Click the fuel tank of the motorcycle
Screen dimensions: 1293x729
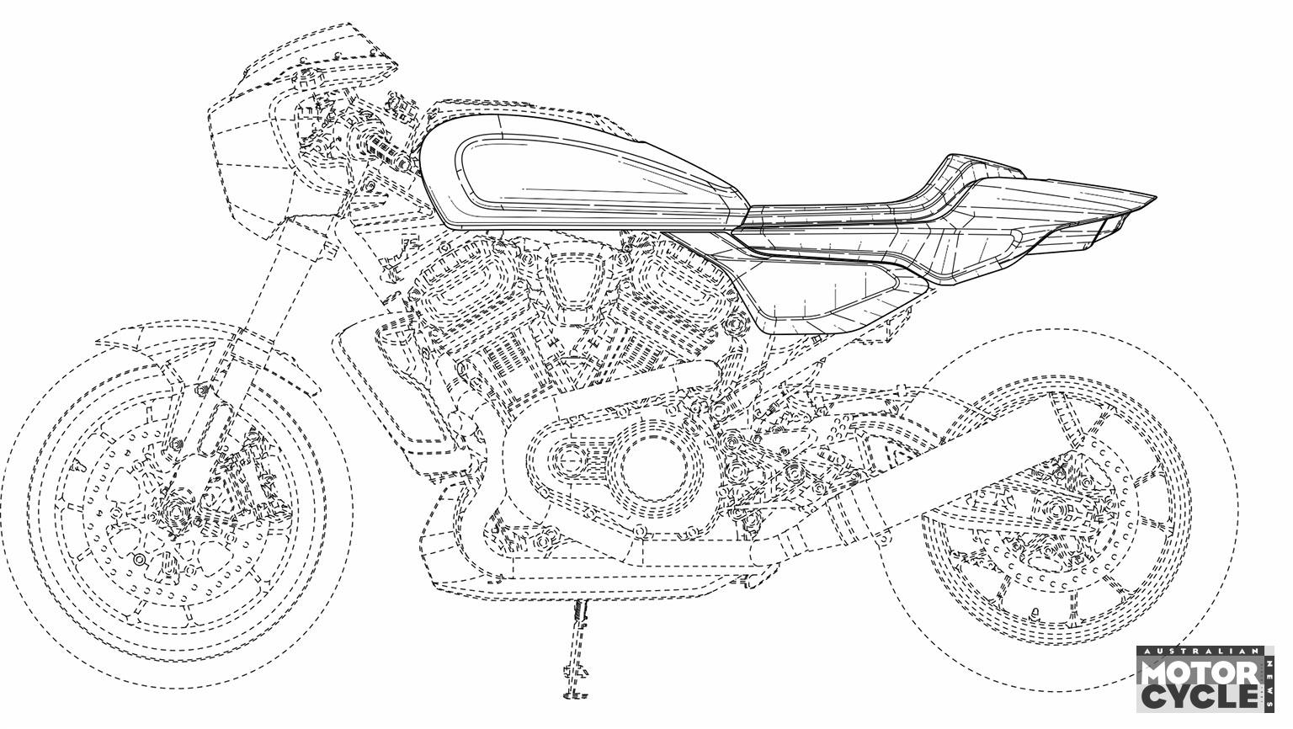[577, 173]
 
